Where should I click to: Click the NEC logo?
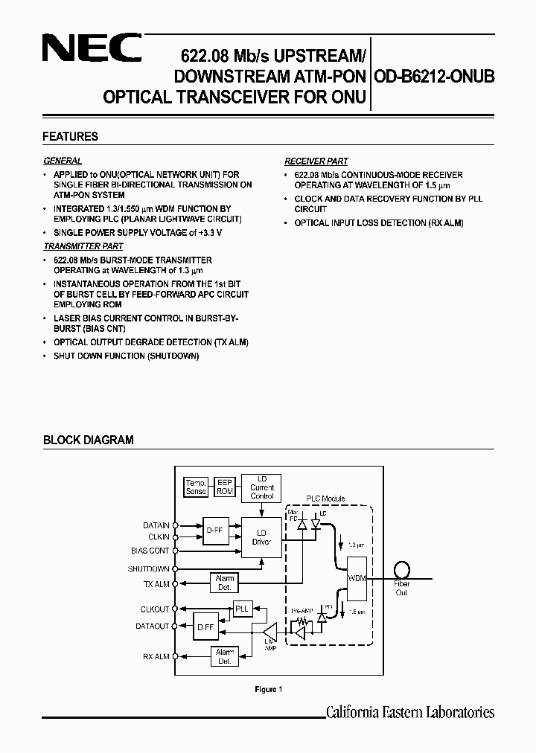91,50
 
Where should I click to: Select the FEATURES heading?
71,137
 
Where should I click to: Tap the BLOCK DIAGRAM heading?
89,440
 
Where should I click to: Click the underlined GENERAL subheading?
63,161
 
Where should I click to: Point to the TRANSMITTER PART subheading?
83,246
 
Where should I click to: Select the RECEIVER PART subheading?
316,161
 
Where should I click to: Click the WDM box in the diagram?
357,577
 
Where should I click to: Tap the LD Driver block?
261,537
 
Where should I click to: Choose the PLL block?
242,609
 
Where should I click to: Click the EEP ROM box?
224,487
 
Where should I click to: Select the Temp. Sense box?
196,487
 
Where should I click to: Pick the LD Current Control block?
261,487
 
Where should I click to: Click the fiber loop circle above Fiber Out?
402,569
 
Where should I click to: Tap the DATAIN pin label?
156,525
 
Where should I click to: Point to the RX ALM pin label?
156,656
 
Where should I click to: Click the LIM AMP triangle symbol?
269,633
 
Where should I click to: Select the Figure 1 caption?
268,690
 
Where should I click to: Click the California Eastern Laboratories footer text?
410,712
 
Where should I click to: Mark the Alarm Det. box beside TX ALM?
224,583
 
